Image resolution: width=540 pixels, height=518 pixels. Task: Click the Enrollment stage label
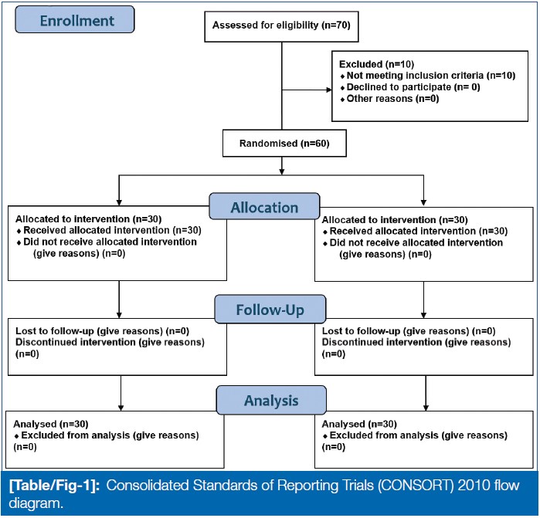75,19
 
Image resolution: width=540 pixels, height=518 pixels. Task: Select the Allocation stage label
264,207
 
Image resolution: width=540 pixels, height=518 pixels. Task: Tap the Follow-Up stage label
270,309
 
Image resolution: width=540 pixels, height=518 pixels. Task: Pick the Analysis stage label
271,400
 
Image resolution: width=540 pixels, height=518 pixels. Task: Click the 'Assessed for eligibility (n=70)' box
281,26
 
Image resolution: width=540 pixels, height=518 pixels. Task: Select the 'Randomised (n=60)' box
284,143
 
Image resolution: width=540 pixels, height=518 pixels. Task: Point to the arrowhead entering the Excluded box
329,90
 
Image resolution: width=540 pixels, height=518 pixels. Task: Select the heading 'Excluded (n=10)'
376,64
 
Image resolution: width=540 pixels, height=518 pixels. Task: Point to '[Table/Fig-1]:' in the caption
54,486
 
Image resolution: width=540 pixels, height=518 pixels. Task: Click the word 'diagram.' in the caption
36,503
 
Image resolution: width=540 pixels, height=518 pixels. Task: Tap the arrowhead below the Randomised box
282,171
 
